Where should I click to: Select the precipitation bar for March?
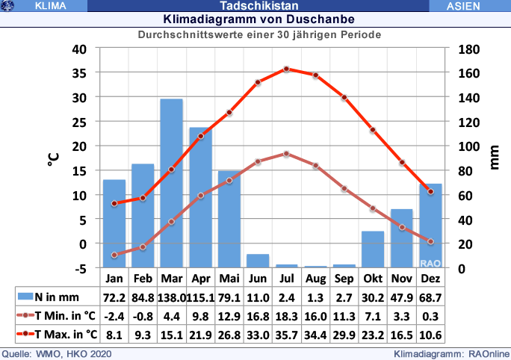pyautogui.click(x=171, y=183)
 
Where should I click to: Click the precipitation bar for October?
pyautogui.click(x=373, y=249)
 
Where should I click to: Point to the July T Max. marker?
pyautogui.click(x=286, y=69)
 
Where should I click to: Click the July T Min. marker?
pyautogui.click(x=286, y=154)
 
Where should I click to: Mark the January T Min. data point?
pyautogui.click(x=114, y=255)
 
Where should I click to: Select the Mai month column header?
pyautogui.click(x=229, y=279)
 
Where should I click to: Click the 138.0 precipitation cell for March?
pyautogui.click(x=171, y=297)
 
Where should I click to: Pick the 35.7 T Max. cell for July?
pyautogui.click(x=286, y=333)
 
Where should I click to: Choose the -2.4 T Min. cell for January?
pyautogui.click(x=114, y=315)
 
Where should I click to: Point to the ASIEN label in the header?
pyautogui.click(x=468, y=5)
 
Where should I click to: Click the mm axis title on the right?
pyautogui.click(x=494, y=158)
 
